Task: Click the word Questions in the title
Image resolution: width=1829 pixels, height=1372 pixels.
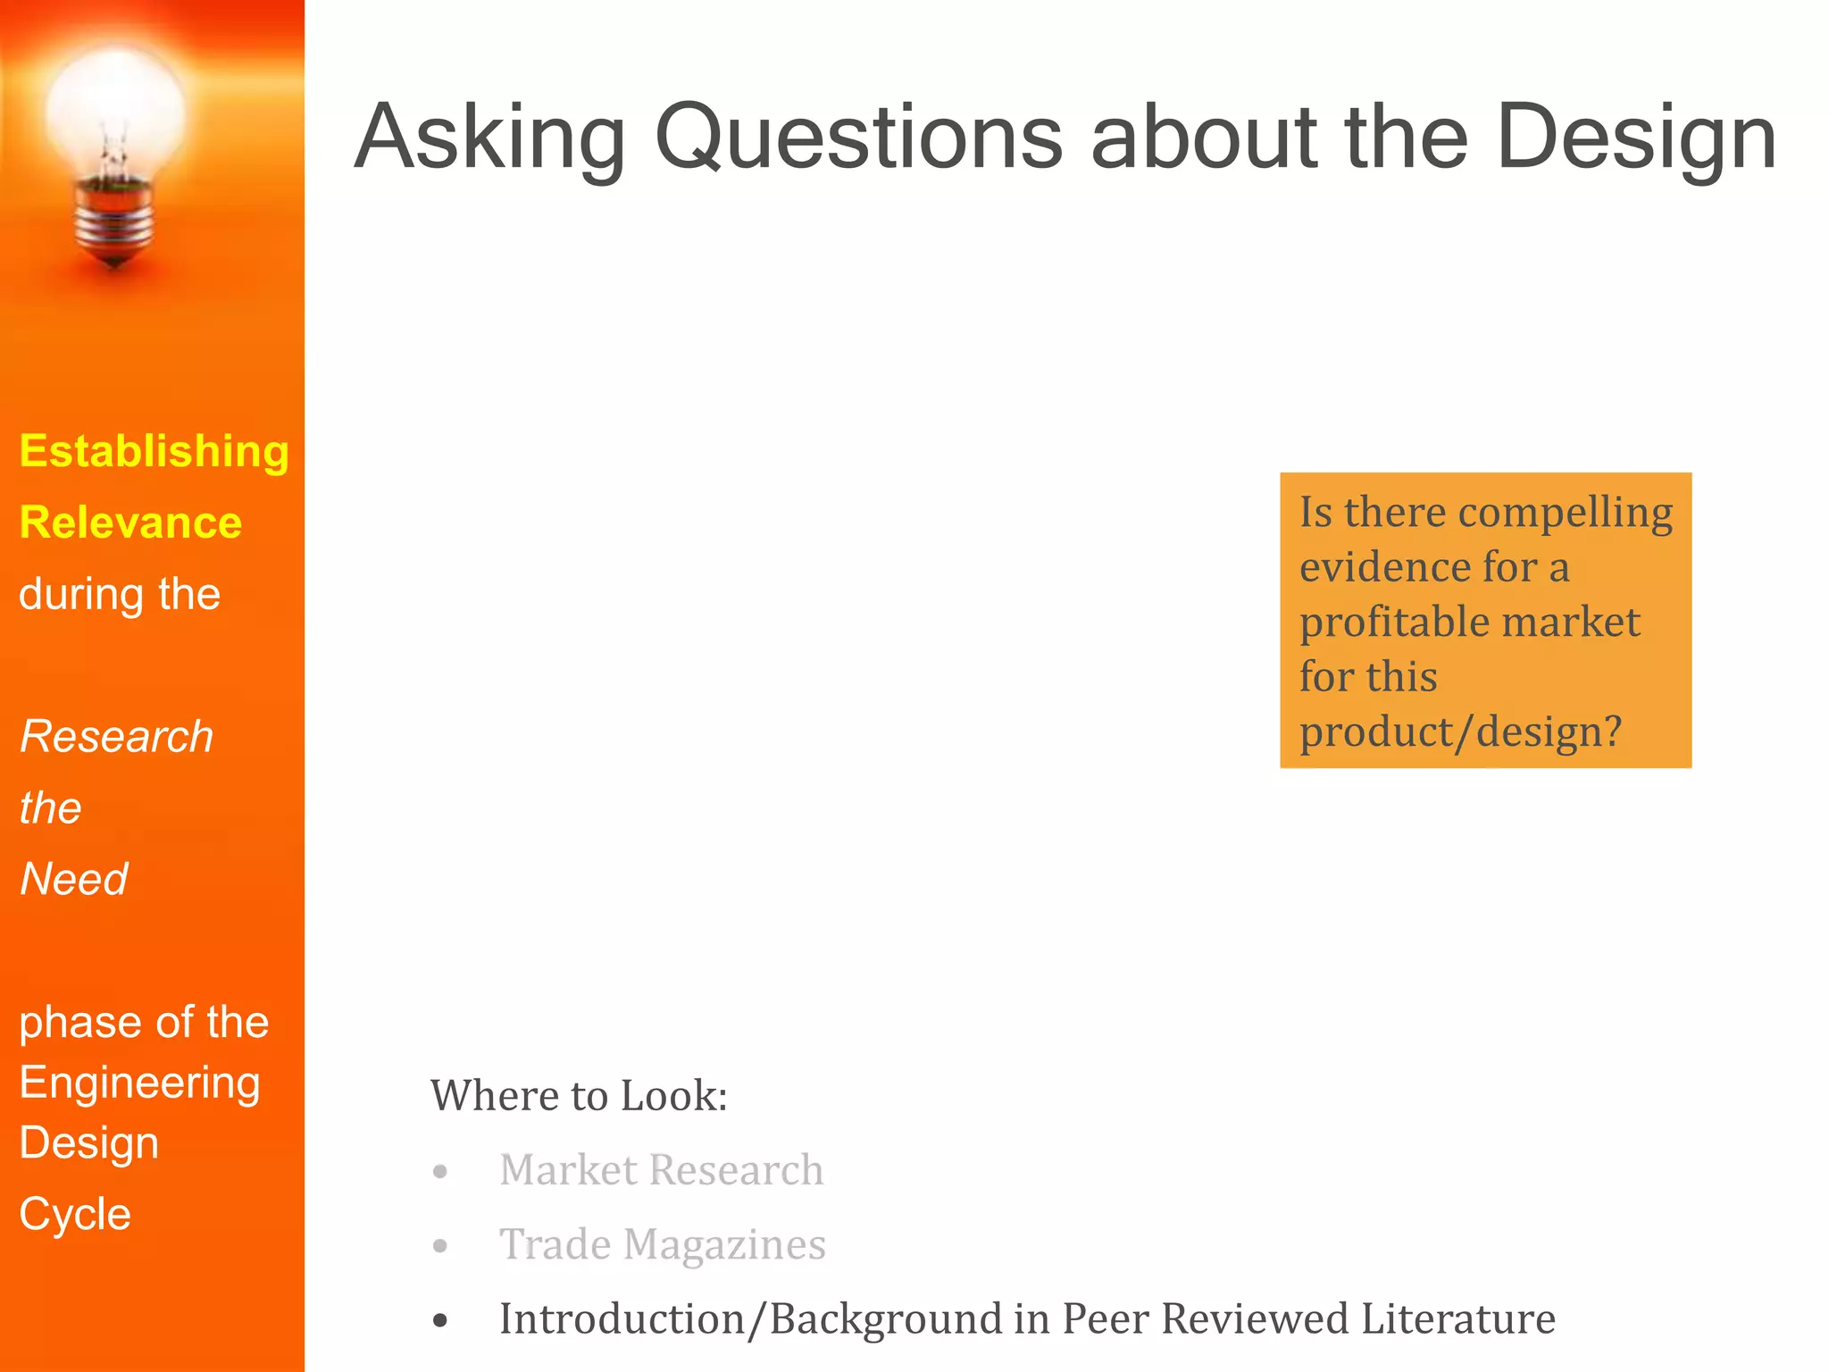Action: [x=858, y=138]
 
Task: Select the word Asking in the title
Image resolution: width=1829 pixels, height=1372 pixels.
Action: [x=490, y=138]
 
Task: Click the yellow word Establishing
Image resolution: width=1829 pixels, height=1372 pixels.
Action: [x=154, y=451]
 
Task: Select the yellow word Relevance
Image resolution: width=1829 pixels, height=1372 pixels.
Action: [x=130, y=523]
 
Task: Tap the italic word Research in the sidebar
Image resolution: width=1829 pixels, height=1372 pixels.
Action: [x=116, y=737]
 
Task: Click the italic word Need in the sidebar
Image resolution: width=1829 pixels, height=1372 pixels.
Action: [x=74, y=879]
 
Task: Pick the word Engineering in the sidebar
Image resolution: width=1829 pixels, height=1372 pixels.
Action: [x=139, y=1083]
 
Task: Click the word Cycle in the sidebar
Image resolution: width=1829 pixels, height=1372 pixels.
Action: [x=75, y=1214]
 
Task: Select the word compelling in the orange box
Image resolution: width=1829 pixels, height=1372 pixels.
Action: [x=1566, y=514]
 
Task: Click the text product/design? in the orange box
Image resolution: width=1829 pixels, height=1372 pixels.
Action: [x=1459, y=732]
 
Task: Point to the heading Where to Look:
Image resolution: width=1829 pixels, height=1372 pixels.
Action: [x=579, y=1095]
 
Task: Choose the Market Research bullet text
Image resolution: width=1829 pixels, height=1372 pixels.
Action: [x=661, y=1170]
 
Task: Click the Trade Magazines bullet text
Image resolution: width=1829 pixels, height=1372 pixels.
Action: [x=662, y=1244]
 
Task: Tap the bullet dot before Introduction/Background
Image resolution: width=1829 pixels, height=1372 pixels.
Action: [x=440, y=1320]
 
